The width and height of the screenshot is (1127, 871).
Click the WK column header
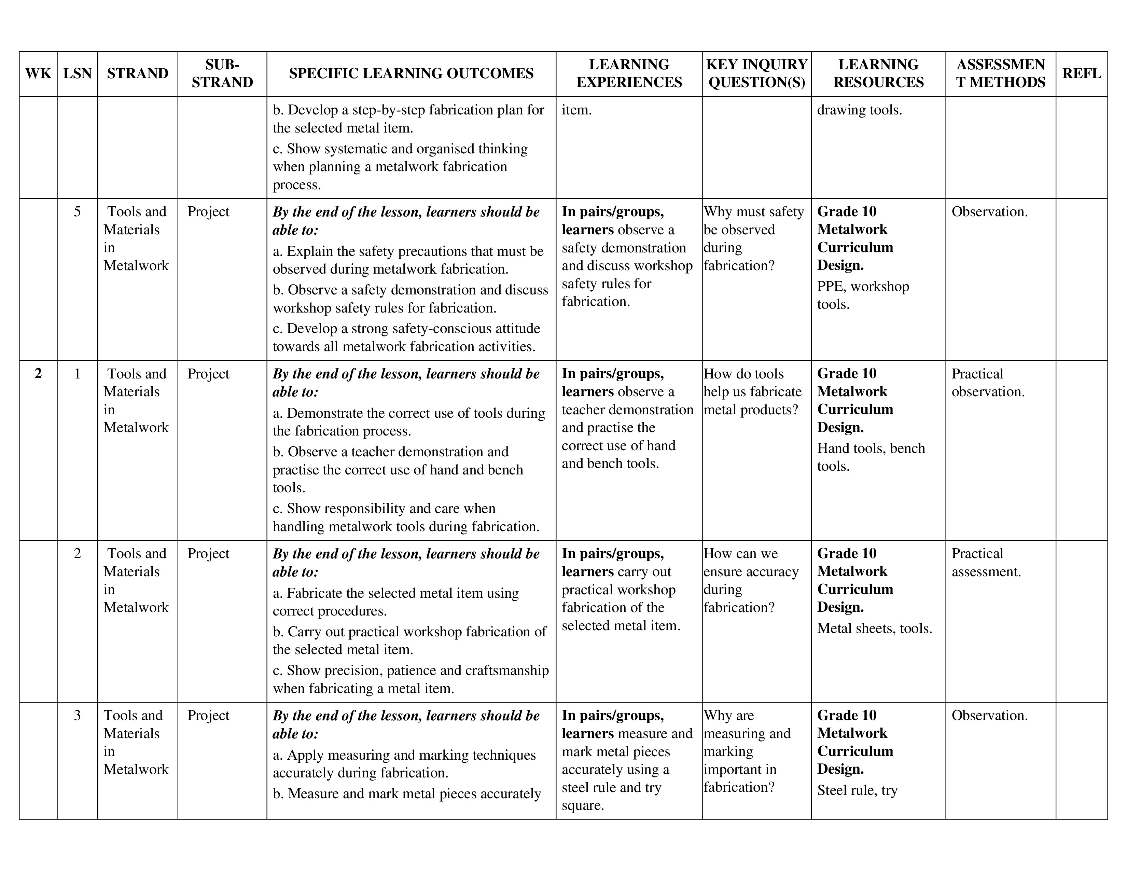(x=38, y=73)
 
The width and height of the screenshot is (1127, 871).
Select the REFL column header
(x=1081, y=73)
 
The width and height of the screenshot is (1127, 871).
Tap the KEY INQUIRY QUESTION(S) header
(x=756, y=73)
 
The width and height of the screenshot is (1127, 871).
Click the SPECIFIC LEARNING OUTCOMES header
(x=411, y=73)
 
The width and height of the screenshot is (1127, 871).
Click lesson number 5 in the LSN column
(x=78, y=211)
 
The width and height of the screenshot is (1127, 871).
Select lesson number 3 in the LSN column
(x=78, y=715)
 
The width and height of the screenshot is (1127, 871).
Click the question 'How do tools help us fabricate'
(x=752, y=392)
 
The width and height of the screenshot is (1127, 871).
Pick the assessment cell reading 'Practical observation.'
(x=988, y=382)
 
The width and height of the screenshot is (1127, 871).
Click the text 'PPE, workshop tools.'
(x=862, y=295)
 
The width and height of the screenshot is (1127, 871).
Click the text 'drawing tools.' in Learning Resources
(x=859, y=110)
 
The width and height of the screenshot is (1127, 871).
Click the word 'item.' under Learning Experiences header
(x=576, y=110)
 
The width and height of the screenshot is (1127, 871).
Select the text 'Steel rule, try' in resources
(x=857, y=790)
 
